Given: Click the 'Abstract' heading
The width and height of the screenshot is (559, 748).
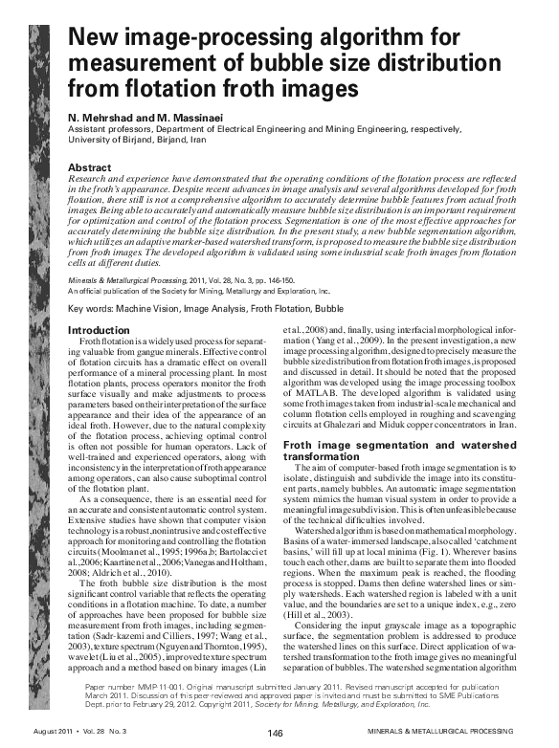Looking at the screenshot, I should (x=94, y=167).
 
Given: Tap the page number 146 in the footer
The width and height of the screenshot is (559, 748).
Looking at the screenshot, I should (x=276, y=734).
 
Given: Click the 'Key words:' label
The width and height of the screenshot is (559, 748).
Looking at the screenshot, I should (x=92, y=310).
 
